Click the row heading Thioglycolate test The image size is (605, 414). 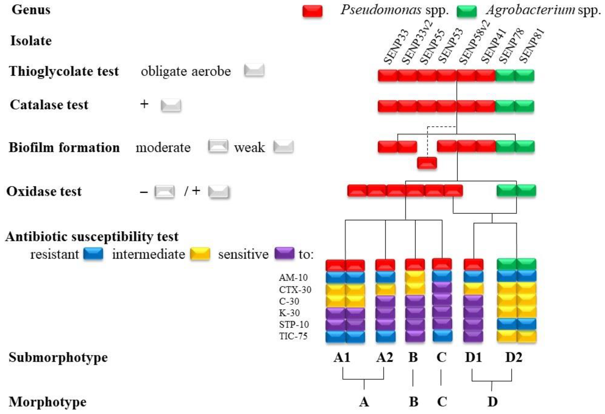tap(64, 71)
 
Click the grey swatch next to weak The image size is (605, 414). tap(283, 147)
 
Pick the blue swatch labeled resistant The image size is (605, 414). tap(93, 254)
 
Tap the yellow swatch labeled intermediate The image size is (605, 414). tap(200, 254)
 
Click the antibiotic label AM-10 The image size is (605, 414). tap(293, 278)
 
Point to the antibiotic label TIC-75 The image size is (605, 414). tap(293, 336)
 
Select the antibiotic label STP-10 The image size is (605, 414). tap(294, 324)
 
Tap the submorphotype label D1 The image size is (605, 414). tap(473, 357)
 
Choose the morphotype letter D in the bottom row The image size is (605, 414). tap(492, 402)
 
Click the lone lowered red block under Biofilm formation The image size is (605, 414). tap(427, 163)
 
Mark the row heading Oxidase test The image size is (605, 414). tap(44, 191)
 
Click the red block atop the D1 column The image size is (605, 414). tap(473, 265)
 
